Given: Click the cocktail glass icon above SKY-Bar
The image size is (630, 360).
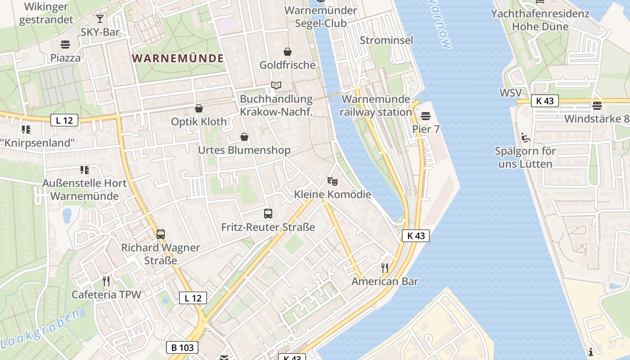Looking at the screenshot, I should (x=100, y=19).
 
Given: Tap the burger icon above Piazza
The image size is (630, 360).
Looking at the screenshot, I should (x=65, y=45).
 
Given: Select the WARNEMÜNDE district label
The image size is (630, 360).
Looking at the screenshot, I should (x=178, y=58).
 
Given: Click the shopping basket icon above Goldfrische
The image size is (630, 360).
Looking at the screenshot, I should (x=287, y=52).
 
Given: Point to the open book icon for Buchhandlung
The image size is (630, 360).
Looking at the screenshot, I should (x=276, y=85).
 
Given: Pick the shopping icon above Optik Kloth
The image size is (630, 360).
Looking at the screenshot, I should (x=199, y=108).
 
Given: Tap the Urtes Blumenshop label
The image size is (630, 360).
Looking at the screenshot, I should (x=244, y=150).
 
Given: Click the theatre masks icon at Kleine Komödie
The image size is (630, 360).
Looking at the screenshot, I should (x=333, y=181).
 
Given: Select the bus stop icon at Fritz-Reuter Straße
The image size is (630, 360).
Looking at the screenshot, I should (x=268, y=214).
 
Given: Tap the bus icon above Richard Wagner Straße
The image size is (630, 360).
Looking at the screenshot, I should (x=161, y=234).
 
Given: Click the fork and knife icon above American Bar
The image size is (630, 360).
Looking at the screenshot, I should (x=385, y=268).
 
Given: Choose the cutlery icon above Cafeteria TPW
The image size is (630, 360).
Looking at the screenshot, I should (x=106, y=281).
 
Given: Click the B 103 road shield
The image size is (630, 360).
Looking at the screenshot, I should (x=183, y=347).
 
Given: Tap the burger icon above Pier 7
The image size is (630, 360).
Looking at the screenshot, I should (x=426, y=116).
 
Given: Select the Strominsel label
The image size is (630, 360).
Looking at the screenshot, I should (x=387, y=40).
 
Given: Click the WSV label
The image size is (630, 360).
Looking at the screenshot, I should (x=510, y=93).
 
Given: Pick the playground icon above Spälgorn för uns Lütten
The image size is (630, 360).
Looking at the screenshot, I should (x=525, y=137).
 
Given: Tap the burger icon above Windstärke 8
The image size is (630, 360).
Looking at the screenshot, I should (x=597, y=106).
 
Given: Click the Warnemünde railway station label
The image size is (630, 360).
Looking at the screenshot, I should (x=376, y=106).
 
